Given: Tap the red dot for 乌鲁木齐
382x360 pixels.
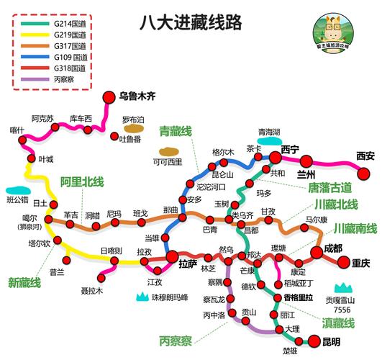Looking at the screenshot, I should tap(109, 96).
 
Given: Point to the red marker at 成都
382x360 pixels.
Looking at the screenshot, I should tap(317, 251).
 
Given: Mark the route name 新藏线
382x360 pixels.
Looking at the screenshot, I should tap(25, 281).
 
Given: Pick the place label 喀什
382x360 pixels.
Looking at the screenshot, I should tap(17, 130).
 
